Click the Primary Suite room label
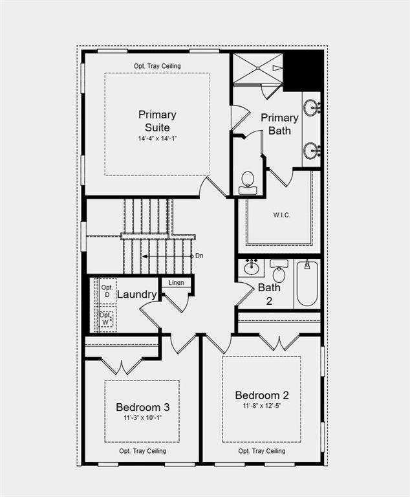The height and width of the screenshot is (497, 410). point(157,121)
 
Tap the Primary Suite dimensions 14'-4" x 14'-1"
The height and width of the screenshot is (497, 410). point(157,138)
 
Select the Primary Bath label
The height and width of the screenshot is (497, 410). point(279,124)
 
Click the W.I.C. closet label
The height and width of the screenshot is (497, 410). point(281,214)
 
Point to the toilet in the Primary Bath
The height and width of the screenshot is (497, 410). point(247,182)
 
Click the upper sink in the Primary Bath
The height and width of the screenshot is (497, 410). point(312,107)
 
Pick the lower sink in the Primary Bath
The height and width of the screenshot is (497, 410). point(312,151)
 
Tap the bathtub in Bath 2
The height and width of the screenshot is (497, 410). point(307,283)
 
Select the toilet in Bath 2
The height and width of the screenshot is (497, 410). point(279,272)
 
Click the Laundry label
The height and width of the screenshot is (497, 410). point(136,294)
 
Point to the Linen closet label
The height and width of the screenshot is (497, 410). point(176,283)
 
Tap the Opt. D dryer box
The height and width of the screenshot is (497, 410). point(107,291)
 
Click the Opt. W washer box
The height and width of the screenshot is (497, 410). point(107,318)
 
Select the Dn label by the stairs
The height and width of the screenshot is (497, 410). point(199,256)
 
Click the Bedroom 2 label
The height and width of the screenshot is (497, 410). point(262,395)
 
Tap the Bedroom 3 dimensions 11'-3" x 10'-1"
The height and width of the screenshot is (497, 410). point(143,418)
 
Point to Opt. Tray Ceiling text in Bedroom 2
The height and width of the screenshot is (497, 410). point(262,451)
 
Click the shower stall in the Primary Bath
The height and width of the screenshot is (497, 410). point(257,69)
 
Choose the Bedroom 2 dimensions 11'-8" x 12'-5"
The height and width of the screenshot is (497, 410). point(262,406)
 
